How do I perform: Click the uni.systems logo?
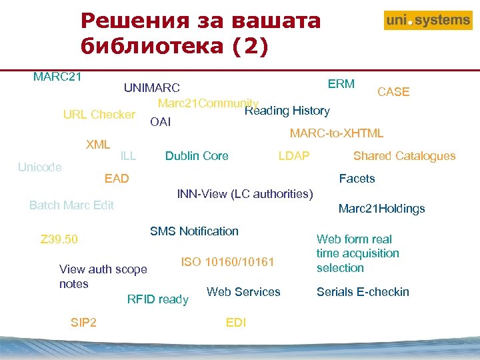tap(427, 21)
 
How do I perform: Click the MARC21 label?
tap(57, 76)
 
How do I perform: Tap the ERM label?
tap(341, 84)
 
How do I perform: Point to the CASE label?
tap(393, 92)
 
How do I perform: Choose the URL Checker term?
tap(99, 115)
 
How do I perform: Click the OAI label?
tap(161, 122)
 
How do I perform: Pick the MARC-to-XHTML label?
tap(336, 133)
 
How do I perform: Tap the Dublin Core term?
tap(197, 156)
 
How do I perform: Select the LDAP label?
tap(293, 156)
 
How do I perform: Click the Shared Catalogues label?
tap(404, 156)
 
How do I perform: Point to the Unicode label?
tap(40, 167)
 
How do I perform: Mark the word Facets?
tap(357, 179)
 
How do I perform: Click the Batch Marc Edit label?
tap(71, 205)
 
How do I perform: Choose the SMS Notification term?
tap(194, 231)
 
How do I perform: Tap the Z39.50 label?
tap(59, 239)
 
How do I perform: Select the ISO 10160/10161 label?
tap(227, 262)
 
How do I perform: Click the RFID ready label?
tap(157, 299)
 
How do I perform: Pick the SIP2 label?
tap(83, 323)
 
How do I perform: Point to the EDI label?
tap(236, 323)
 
